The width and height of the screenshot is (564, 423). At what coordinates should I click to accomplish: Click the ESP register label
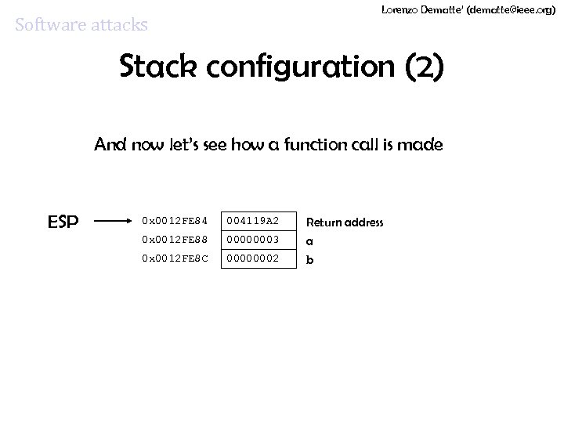tap(63, 222)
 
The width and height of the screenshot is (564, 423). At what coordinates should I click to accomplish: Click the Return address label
tap(344, 222)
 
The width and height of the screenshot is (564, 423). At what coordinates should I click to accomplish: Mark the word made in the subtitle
tap(423, 145)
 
